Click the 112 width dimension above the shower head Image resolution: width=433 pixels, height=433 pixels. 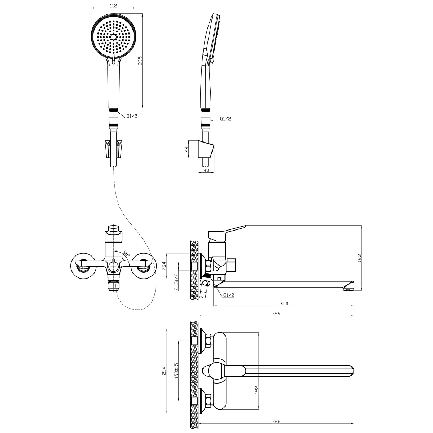tap(114, 5)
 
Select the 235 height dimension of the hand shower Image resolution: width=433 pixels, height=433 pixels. tap(140, 61)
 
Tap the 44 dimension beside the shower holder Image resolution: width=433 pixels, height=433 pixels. tap(186, 149)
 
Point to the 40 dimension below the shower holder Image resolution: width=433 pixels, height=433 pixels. tap(206, 170)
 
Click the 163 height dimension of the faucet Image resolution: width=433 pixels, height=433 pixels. tap(359, 258)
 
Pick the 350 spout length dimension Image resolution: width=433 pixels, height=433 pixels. tap(284, 303)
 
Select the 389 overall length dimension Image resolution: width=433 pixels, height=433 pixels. tap(276, 314)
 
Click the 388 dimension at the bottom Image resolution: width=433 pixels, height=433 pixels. tap(276, 421)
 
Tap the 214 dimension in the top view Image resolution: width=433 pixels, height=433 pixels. tap(164, 371)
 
